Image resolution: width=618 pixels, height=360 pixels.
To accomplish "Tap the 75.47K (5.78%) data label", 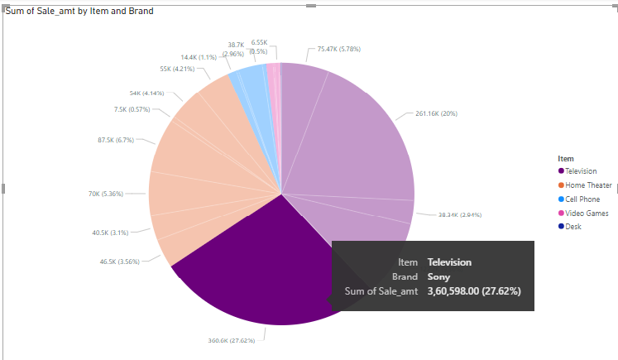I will click(339, 50).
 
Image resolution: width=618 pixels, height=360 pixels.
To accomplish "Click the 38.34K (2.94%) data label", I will click(459, 214).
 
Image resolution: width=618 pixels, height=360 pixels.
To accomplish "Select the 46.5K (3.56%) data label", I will click(120, 262).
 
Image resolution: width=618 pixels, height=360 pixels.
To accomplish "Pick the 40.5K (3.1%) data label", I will click(111, 233).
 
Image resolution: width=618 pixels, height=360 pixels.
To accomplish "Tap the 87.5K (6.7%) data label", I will click(116, 140).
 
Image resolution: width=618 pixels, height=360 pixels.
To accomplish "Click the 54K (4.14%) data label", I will click(146, 93).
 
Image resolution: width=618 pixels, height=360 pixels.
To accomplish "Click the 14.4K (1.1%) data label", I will click(199, 57).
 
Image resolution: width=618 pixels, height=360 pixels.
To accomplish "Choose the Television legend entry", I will click(581, 170).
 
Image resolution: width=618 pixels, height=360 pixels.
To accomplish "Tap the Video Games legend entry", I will click(587, 213).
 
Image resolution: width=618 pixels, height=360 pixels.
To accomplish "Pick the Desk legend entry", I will click(572, 227).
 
